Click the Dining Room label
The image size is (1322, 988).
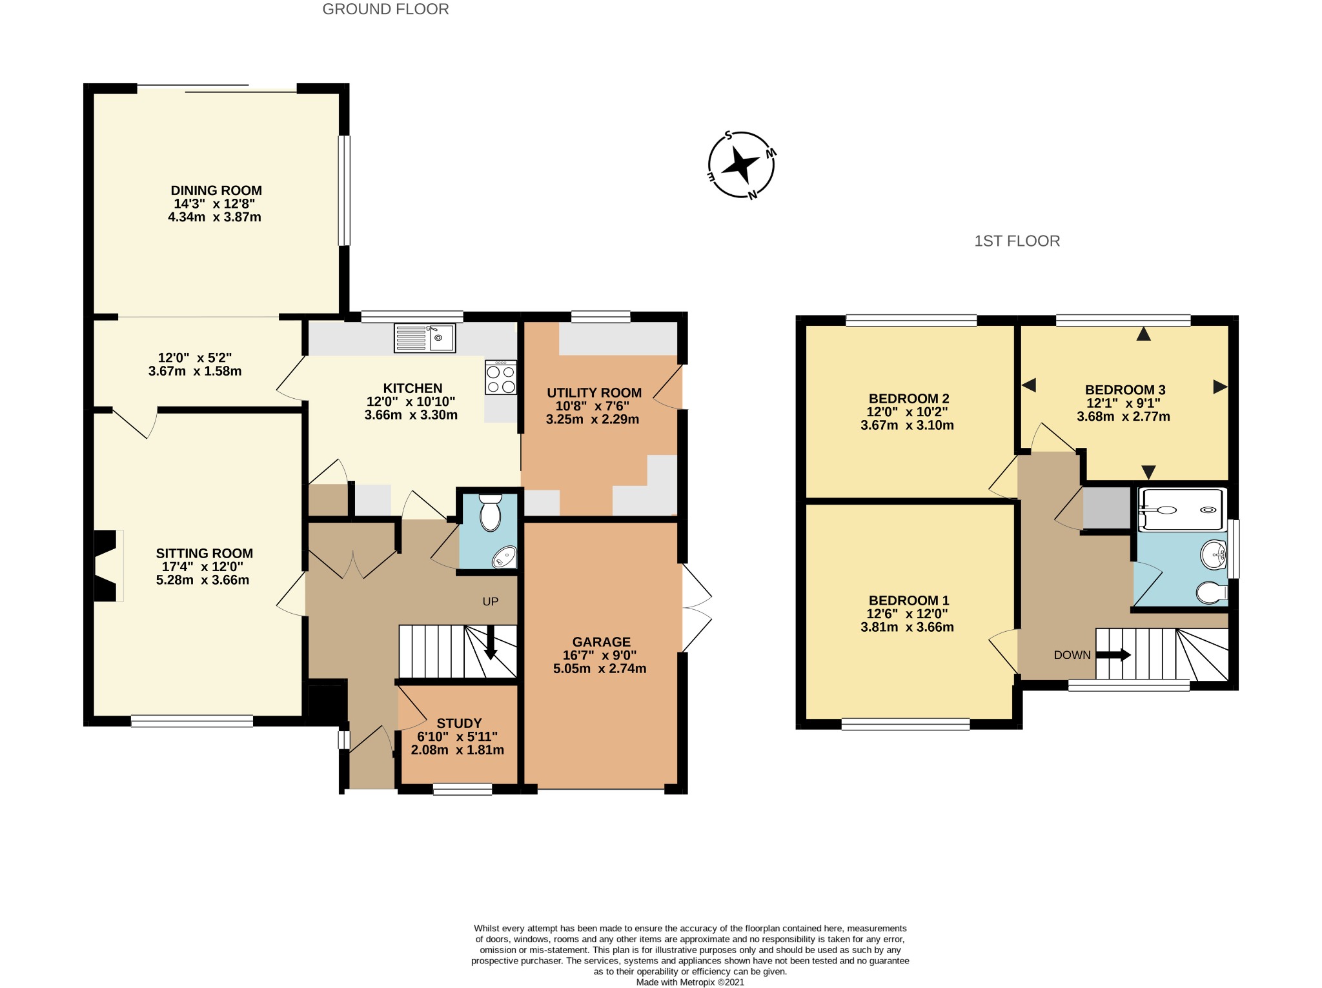216,190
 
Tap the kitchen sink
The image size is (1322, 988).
425,338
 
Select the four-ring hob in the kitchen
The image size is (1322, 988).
501,378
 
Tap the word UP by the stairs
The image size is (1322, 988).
491,601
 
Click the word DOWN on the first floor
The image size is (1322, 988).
1072,655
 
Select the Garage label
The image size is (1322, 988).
601,641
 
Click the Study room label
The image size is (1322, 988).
459,723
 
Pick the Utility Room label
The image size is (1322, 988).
594,392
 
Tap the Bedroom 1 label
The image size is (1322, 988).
909,600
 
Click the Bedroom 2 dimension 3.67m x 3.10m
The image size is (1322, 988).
907,425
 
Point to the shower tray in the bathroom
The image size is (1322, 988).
1182,510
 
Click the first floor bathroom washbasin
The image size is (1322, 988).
1214,554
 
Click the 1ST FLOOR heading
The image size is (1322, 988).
1017,241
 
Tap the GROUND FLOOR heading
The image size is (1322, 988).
385,9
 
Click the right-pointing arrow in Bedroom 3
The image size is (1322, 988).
1220,387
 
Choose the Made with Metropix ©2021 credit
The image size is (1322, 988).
690,982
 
